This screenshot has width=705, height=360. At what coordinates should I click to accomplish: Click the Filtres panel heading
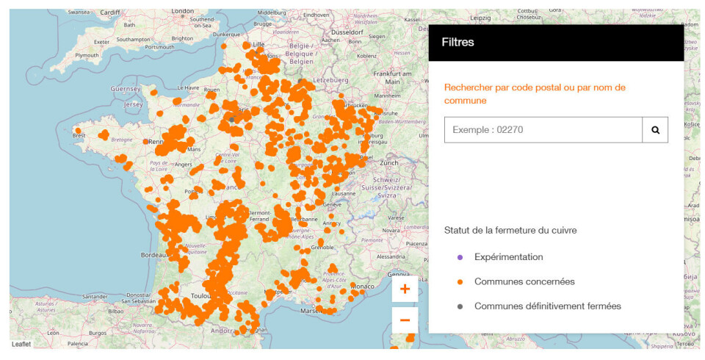458,42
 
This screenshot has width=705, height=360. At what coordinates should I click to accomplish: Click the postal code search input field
543,130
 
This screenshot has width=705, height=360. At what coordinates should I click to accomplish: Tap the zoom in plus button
405,289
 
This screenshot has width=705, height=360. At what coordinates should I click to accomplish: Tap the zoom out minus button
405,320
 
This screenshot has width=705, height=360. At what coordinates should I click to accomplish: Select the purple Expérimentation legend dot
460,257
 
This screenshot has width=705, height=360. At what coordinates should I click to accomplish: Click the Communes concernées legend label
524,281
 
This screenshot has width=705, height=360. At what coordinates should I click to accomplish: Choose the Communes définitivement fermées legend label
548,306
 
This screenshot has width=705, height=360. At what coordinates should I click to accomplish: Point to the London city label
182,12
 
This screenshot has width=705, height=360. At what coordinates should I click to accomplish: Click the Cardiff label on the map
109,12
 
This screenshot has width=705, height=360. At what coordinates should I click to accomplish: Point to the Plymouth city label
87,55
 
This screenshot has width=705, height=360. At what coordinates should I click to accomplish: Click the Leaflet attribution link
21,344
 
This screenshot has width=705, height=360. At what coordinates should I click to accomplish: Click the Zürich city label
388,162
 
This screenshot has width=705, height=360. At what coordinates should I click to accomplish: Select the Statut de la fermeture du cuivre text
510,230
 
